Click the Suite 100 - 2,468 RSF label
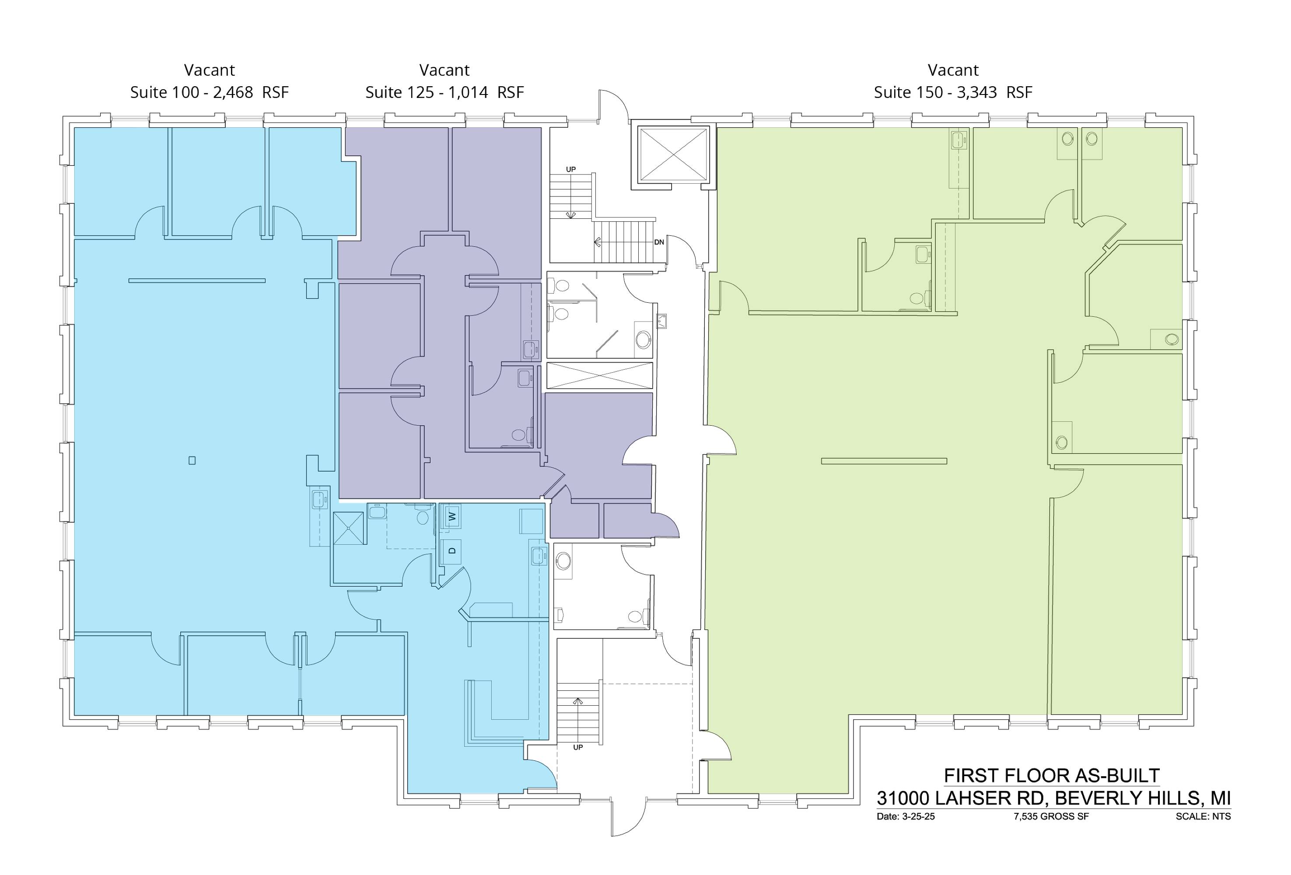pyautogui.click(x=210, y=92)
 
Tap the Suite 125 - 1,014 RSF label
pyautogui.click(x=444, y=92)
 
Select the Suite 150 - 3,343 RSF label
pyautogui.click(x=953, y=92)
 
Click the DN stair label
pyautogui.click(x=659, y=242)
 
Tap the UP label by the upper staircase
pyautogui.click(x=570, y=169)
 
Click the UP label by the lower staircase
pyautogui.click(x=578, y=747)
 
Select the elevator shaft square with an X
pyautogui.click(x=674, y=154)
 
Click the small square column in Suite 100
pyautogui.click(x=192, y=460)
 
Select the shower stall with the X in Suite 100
pyautogui.click(x=348, y=528)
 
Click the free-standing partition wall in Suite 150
pyautogui.click(x=884, y=461)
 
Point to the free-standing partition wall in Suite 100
pyautogui.click(x=197, y=280)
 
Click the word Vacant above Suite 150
pyautogui.click(x=953, y=70)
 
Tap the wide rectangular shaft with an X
pyautogui.click(x=599, y=375)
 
